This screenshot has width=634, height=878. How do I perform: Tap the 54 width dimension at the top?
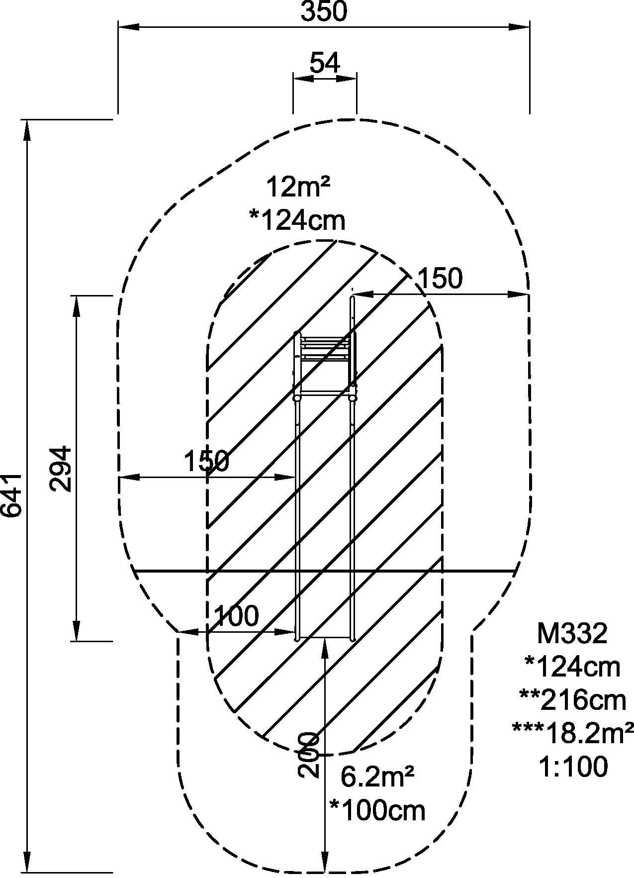(x=325, y=63)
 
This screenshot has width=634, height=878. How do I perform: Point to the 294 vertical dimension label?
(x=62, y=469)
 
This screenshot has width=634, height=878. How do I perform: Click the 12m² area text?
(x=298, y=188)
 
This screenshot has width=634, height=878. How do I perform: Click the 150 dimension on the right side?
(x=440, y=279)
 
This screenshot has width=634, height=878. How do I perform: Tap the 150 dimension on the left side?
(x=206, y=461)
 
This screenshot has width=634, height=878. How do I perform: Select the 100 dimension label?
(x=236, y=616)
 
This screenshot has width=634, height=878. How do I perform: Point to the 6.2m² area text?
(x=378, y=776)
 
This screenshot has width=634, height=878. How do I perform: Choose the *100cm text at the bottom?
(x=378, y=811)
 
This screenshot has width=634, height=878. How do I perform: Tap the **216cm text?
(x=572, y=700)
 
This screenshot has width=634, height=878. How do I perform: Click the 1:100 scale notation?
(x=572, y=767)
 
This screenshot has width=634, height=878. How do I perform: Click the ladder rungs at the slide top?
(x=324, y=348)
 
